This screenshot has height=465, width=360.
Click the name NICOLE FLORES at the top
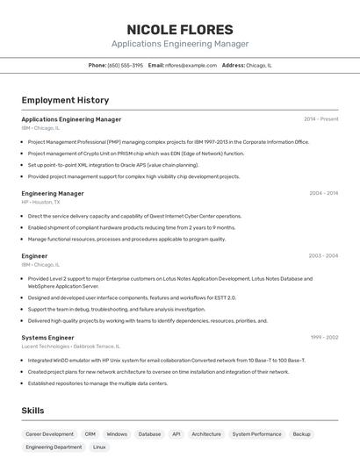(x=180, y=30)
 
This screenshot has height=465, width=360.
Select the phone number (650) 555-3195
(x=126, y=65)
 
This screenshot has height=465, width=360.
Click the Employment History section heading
(x=65, y=100)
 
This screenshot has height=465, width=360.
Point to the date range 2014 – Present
(x=320, y=119)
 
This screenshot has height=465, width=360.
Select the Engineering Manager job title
(x=53, y=193)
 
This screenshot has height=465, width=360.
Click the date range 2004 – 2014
(x=323, y=193)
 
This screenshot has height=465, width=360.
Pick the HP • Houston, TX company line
(x=40, y=202)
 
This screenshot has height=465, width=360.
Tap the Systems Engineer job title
(x=47, y=337)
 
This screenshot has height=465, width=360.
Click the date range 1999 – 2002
(x=323, y=337)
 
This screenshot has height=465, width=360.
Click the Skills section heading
(x=33, y=410)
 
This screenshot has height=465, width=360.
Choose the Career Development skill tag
(x=49, y=433)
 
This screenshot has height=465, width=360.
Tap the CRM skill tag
(x=90, y=433)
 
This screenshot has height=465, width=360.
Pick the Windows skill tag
(x=117, y=433)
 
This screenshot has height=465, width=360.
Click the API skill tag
(x=176, y=433)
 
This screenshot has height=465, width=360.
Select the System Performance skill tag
(x=256, y=433)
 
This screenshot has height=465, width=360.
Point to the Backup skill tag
(x=301, y=433)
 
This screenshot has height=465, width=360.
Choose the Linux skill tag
(x=99, y=447)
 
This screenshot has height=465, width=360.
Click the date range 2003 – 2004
(x=323, y=256)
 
